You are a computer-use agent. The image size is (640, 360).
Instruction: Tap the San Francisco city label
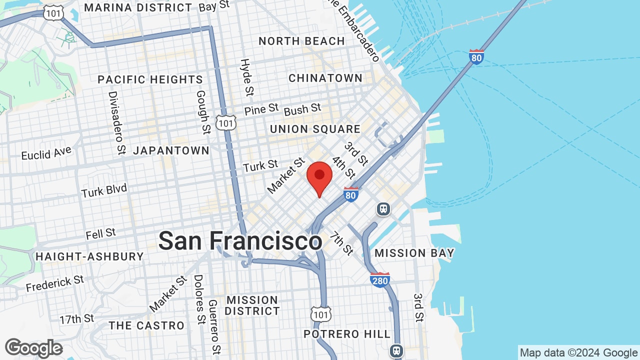(240, 241)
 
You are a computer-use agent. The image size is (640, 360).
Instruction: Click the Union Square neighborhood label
(315, 129)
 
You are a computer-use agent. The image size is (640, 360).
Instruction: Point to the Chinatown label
(325, 78)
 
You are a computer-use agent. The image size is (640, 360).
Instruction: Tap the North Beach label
(301, 41)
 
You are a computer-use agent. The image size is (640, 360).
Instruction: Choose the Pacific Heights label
(150, 79)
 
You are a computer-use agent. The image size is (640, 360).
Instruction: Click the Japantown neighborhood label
(171, 150)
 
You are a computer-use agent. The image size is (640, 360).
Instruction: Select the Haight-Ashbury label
(89, 256)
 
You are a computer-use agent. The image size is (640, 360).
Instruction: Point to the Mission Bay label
(414, 253)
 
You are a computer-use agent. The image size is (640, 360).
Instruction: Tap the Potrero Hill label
(347, 334)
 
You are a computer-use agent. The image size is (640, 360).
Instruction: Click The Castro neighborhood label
(147, 325)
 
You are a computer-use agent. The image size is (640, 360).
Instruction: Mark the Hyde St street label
(246, 77)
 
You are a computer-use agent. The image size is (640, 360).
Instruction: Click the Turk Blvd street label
(104, 190)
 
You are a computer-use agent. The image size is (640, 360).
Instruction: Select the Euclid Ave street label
(46, 153)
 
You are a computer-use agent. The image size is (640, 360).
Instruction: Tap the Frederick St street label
(55, 283)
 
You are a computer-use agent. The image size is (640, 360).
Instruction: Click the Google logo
(33, 348)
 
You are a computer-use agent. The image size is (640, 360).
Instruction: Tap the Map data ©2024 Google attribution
(578, 353)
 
